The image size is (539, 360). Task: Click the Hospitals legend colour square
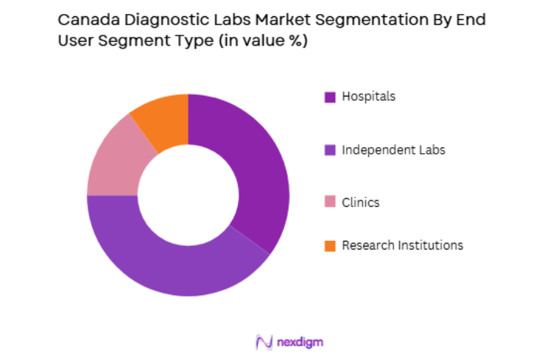329,96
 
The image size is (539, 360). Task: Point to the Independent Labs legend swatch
329,150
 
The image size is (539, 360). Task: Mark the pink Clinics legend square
329,202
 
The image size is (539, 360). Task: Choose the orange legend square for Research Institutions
329,246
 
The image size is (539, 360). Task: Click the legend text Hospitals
368,96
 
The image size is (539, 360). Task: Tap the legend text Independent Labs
393,150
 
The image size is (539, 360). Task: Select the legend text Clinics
361,202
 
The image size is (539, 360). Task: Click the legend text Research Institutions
402,246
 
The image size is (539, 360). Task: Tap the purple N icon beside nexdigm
264,342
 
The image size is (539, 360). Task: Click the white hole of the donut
188,195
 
